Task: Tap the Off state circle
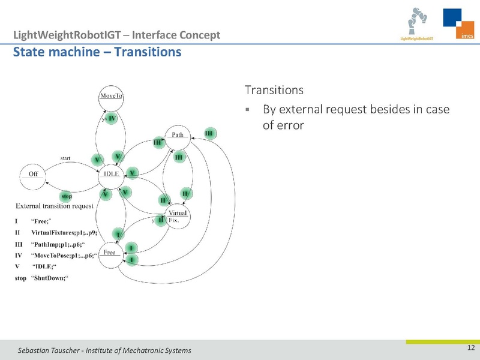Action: (34, 174)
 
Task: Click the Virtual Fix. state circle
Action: (178, 217)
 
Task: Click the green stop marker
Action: (67, 196)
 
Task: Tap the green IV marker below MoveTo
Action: (112, 119)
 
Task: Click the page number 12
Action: (470, 349)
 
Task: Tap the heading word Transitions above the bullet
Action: (274, 91)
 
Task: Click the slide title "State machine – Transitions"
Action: (97, 52)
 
